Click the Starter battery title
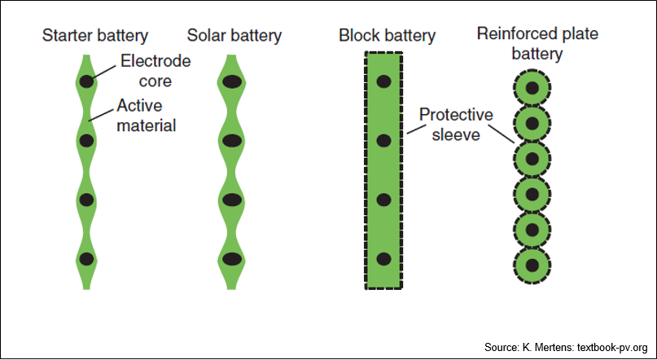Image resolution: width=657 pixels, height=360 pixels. point(95,36)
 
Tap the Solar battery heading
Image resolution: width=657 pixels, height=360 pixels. point(234,36)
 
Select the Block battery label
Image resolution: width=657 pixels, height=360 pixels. point(388,36)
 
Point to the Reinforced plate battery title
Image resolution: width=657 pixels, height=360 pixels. point(537,44)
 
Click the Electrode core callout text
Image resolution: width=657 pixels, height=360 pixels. point(155,71)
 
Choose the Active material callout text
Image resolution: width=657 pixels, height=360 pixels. point(147,116)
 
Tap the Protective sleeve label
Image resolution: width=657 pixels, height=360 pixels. point(456,125)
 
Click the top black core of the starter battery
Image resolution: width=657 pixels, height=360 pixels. point(86,81)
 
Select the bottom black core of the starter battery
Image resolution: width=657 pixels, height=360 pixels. point(86,259)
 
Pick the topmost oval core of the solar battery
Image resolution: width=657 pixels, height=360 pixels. point(232,81)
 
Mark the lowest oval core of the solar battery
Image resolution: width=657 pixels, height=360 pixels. point(232,259)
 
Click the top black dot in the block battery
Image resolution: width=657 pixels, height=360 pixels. point(383,81)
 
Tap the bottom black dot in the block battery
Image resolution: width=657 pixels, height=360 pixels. point(383,259)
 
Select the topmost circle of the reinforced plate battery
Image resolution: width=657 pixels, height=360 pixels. point(532,88)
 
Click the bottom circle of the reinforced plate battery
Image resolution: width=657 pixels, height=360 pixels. point(532,266)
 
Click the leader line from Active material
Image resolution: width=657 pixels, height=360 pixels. point(102,114)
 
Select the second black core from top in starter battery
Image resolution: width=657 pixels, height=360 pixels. point(86,140)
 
